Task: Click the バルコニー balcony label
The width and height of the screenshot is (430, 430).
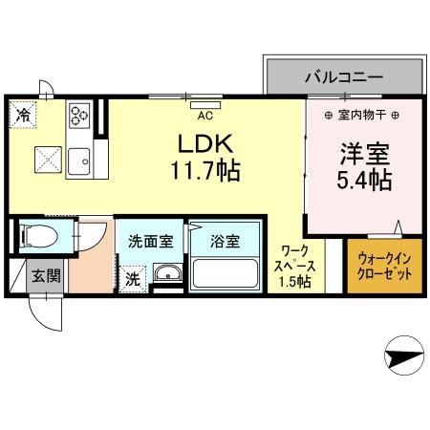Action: pos(343,75)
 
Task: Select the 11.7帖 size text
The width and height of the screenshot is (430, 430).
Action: pos(205,172)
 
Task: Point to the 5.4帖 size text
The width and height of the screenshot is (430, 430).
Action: pos(364,181)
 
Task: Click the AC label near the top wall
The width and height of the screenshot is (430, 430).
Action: pos(204,116)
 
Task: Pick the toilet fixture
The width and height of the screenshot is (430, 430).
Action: pos(41,233)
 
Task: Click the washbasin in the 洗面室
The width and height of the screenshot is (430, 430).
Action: pos(166,276)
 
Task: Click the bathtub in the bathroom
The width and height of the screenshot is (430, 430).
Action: pos(226,272)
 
